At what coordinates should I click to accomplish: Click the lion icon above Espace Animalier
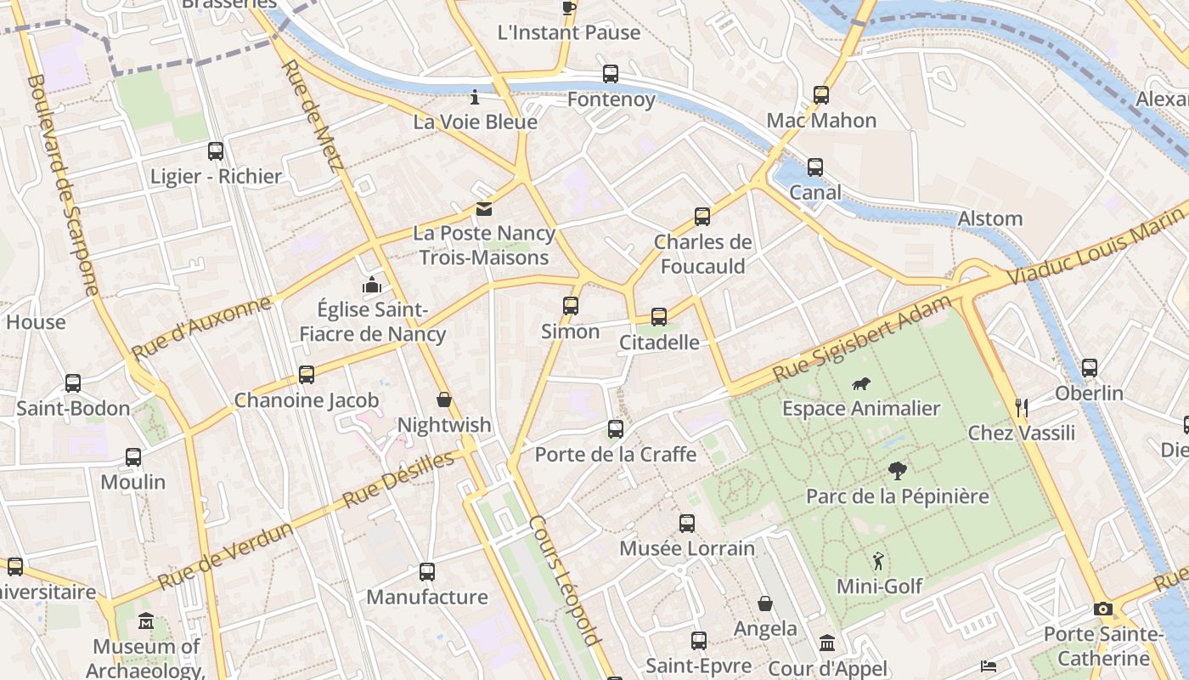click(x=860, y=383)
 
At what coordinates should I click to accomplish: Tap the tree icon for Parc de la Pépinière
click(x=897, y=471)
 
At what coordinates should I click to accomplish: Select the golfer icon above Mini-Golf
click(x=878, y=561)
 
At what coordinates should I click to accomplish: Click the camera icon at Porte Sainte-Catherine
click(x=1103, y=609)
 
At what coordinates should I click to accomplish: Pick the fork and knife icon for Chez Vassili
click(x=1022, y=408)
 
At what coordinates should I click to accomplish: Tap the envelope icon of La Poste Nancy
click(x=483, y=208)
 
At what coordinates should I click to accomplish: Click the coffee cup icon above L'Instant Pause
click(x=568, y=8)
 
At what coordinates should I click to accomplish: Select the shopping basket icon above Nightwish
click(x=443, y=399)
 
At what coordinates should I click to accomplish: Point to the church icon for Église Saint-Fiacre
click(x=372, y=285)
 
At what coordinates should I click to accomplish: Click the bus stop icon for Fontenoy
click(x=611, y=74)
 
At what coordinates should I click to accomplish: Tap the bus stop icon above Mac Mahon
click(x=820, y=95)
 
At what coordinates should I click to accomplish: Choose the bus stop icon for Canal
click(x=815, y=167)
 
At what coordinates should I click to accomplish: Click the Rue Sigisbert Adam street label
click(x=862, y=338)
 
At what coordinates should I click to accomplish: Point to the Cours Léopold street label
click(x=565, y=580)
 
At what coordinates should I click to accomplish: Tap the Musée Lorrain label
click(x=686, y=548)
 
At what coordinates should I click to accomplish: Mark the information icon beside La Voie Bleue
click(x=475, y=97)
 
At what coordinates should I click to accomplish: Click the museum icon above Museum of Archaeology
click(x=146, y=621)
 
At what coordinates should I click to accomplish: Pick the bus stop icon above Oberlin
click(x=1089, y=368)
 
